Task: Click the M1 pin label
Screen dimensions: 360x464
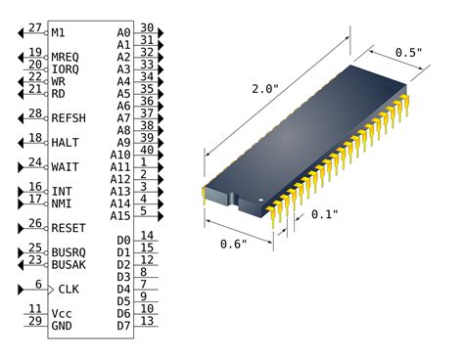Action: [x=59, y=32]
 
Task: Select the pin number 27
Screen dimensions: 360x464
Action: [x=35, y=27]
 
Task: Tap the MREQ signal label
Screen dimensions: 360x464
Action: [x=66, y=57]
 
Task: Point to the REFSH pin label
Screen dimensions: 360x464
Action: [x=69, y=117]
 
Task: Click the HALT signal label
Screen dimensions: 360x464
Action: [x=66, y=143]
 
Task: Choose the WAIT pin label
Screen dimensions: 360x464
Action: [x=66, y=167]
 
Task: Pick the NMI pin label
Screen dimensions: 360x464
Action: [x=62, y=203]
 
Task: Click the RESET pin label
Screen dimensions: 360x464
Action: [x=69, y=228]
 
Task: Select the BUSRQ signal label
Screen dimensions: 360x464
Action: [x=69, y=252]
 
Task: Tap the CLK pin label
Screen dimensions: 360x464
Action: [x=69, y=289]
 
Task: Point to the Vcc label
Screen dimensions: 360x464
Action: [x=61, y=313]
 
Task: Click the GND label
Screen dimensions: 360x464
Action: [x=62, y=325]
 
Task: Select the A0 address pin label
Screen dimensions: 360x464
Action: [x=123, y=32]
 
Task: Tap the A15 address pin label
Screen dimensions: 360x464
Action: [x=120, y=215]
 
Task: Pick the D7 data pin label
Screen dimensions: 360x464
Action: [x=123, y=325]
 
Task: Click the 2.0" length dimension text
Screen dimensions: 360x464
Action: [x=264, y=90]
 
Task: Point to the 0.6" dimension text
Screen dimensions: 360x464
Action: [x=234, y=244]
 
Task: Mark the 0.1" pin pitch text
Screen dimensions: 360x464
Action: [x=325, y=214]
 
